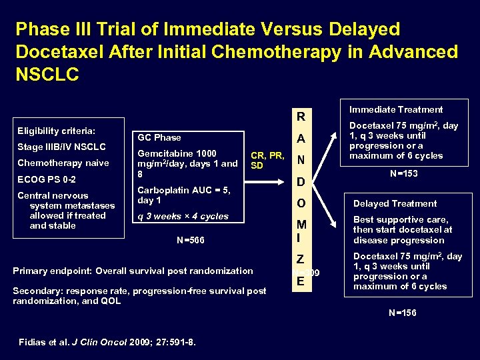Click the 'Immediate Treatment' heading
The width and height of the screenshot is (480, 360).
(396, 109)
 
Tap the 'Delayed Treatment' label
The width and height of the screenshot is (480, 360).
(395, 203)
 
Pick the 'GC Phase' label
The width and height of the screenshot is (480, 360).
(159, 137)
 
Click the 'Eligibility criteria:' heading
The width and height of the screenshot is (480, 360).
(56, 131)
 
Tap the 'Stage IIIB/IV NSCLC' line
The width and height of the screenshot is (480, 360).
(61, 147)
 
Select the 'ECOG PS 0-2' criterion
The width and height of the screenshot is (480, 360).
(46, 179)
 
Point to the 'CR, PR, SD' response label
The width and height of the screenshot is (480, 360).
(267, 161)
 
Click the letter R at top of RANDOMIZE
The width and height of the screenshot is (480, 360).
(301, 117)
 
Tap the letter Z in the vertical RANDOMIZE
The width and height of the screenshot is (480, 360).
(301, 259)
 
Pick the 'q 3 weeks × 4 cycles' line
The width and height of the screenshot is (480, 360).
(183, 216)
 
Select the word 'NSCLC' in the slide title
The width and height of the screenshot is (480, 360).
(47, 73)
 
